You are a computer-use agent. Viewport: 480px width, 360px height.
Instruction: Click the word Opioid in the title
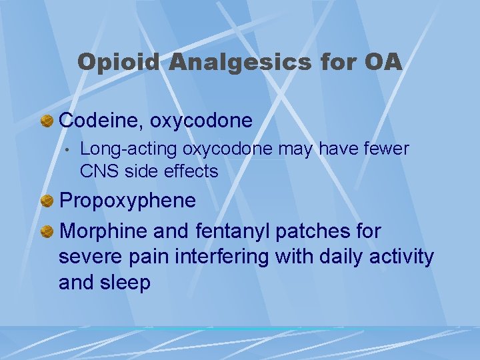click(x=117, y=63)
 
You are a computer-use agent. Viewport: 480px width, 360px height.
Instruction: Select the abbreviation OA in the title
click(x=383, y=63)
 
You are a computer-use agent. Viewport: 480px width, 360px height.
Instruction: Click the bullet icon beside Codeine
click(x=47, y=121)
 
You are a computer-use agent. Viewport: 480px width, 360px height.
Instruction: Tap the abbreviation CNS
click(x=97, y=171)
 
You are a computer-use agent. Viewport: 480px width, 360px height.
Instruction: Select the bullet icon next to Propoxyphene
click(x=47, y=201)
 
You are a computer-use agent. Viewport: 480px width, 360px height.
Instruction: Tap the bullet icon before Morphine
click(x=47, y=232)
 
